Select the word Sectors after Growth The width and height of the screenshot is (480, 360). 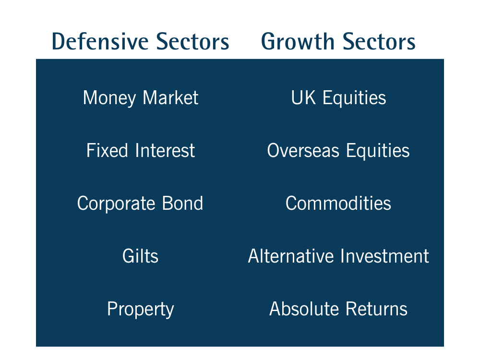click(379, 42)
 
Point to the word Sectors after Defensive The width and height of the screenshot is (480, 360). click(192, 42)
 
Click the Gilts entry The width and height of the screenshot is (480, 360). click(140, 256)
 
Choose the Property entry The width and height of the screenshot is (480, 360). click(141, 310)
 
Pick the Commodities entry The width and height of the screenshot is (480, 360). click(338, 203)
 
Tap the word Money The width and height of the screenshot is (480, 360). click(109, 98)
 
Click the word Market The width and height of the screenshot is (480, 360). click(170, 97)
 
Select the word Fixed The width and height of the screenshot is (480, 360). click(107, 150)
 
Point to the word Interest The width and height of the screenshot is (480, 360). click(165, 150)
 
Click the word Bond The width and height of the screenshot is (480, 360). click(182, 203)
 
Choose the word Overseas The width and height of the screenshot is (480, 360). click(303, 151)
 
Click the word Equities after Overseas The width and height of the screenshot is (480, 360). click(378, 151)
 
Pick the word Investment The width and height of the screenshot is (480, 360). click(385, 256)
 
